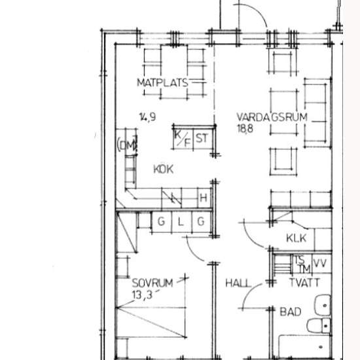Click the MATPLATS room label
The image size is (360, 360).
coord(162,82)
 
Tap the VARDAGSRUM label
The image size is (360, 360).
coord(272,117)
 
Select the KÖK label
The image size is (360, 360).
coord(163,169)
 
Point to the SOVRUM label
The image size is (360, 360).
coord(153,283)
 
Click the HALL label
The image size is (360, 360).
coord(238,283)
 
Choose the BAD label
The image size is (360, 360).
coord(291,312)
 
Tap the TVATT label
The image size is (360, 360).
coord(304,283)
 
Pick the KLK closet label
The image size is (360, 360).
coord(297,238)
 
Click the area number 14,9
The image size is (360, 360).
coord(148,117)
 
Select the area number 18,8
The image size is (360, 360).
coord(245,128)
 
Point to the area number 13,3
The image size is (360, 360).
coord(142,295)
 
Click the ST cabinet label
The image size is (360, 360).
coord(202,138)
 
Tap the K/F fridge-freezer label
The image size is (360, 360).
coord(183,138)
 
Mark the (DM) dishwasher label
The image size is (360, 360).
coord(127,145)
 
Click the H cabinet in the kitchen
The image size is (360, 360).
coord(204,198)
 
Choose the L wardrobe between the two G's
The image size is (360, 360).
coord(181,222)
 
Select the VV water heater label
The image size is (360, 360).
coord(320,263)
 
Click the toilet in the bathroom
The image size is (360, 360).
coord(319,325)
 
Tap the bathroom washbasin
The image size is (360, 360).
coord(322,305)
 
